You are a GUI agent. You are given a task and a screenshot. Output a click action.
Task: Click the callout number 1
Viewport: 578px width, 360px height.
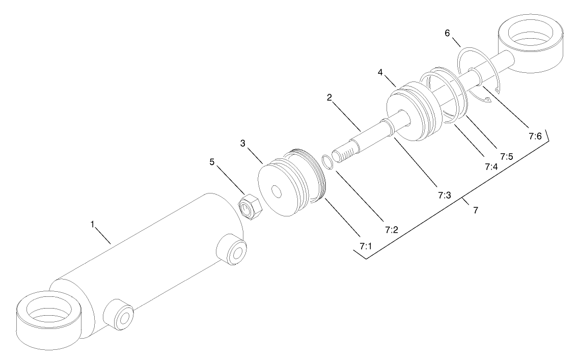pyautogui.click(x=93, y=225)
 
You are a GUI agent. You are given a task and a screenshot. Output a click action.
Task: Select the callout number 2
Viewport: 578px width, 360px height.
pyautogui.click(x=329, y=97)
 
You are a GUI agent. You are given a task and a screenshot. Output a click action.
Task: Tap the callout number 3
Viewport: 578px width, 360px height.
pyautogui.click(x=244, y=144)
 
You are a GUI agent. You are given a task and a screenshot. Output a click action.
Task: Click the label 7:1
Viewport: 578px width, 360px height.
pyautogui.click(x=366, y=246)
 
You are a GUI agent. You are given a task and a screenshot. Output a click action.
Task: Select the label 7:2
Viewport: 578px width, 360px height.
pyautogui.click(x=391, y=230)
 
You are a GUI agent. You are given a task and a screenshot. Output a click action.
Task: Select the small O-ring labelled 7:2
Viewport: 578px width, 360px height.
pyautogui.click(x=328, y=161)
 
